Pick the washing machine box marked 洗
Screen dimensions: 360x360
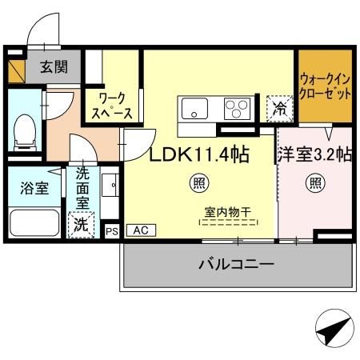(x=81, y=225)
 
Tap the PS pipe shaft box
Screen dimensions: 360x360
(x=112, y=230)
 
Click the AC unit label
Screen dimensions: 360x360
(x=140, y=230)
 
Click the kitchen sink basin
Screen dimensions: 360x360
(x=194, y=107)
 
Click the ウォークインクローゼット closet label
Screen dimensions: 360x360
(x=326, y=86)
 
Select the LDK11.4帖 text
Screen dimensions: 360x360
(x=197, y=154)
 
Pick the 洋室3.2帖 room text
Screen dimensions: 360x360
(x=314, y=154)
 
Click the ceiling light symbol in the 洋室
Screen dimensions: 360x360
(x=314, y=183)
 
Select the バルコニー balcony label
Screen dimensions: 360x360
(x=236, y=263)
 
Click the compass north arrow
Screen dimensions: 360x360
(x=334, y=328)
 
